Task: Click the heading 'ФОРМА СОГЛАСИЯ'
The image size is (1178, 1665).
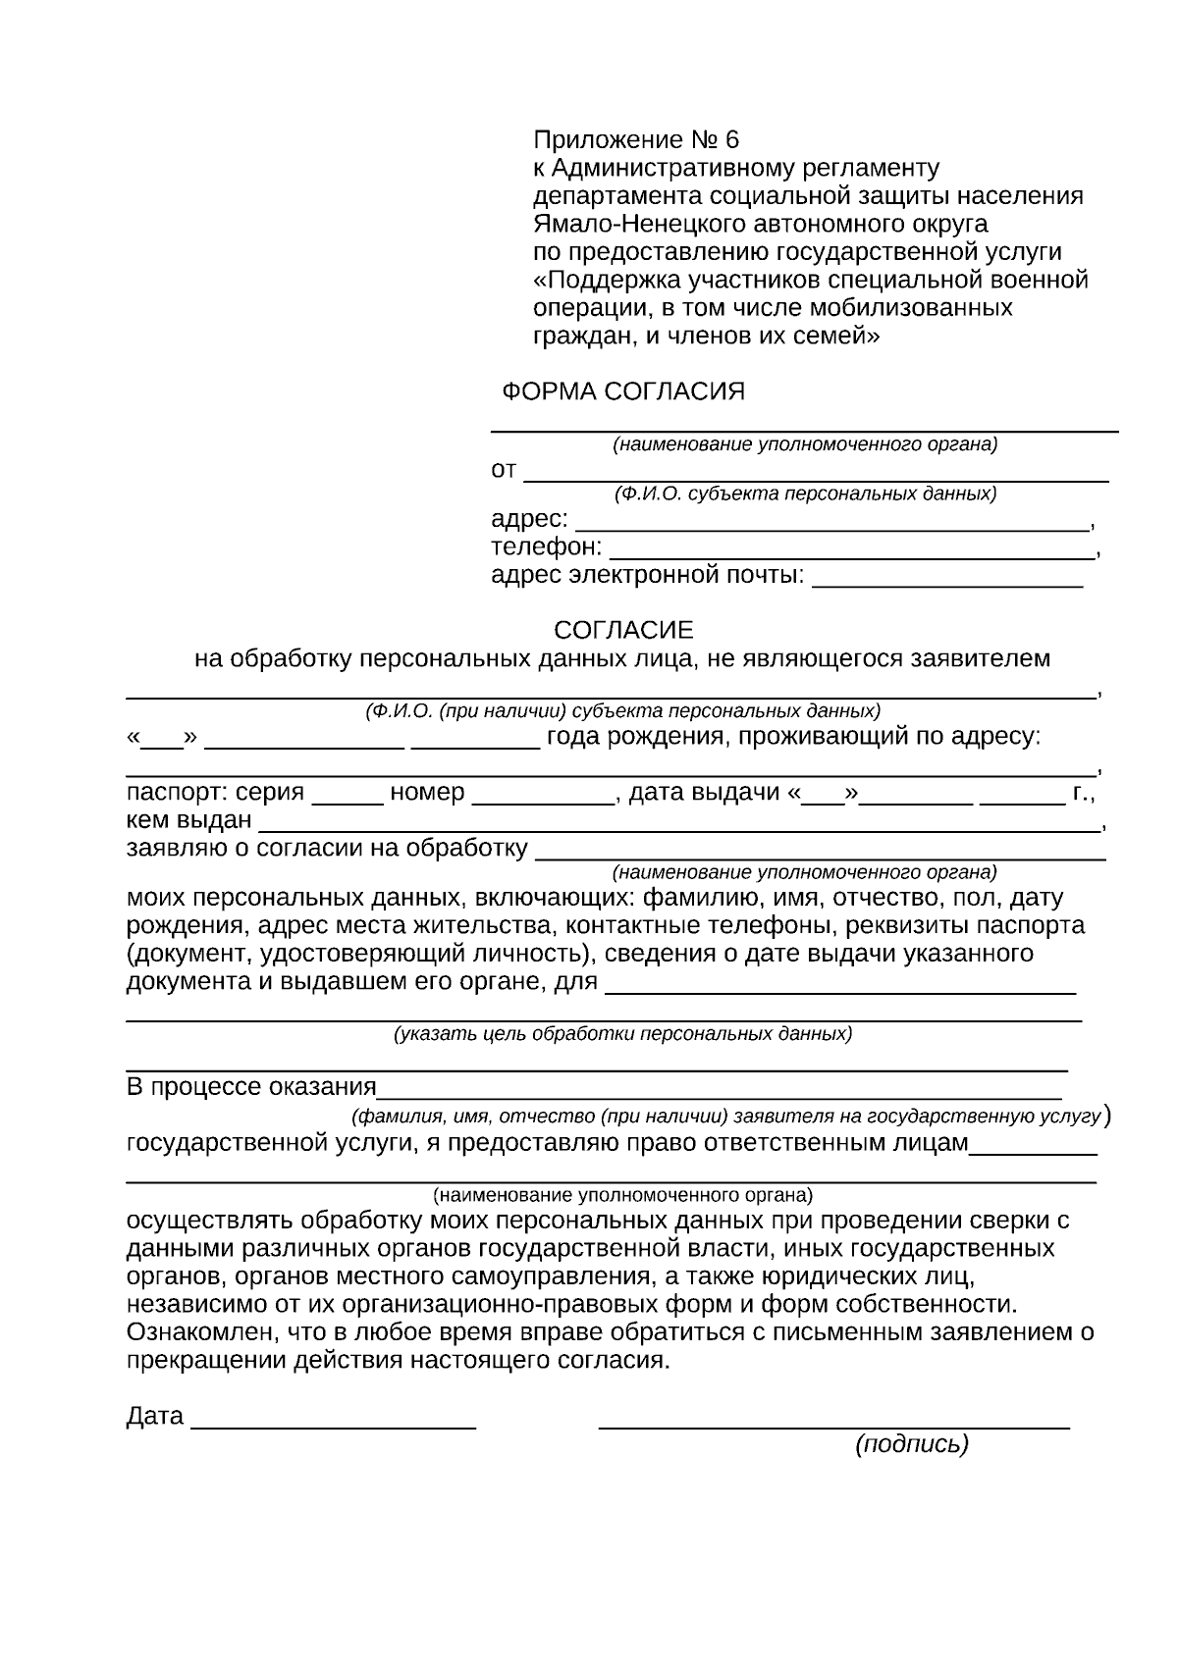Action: pyautogui.click(x=623, y=392)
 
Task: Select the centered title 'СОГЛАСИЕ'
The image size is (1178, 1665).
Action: pyautogui.click(x=623, y=630)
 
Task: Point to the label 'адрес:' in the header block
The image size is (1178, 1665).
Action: pyautogui.click(x=529, y=519)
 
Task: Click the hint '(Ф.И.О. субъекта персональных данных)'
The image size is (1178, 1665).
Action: pyautogui.click(x=805, y=494)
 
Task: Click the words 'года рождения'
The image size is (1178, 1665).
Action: pyautogui.click(x=634, y=737)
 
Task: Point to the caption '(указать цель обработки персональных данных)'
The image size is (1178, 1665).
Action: pyautogui.click(x=622, y=1034)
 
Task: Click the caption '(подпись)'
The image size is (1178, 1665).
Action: pyautogui.click(x=912, y=1444)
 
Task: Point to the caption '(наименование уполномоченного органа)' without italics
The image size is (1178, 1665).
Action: pyautogui.click(x=622, y=1196)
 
